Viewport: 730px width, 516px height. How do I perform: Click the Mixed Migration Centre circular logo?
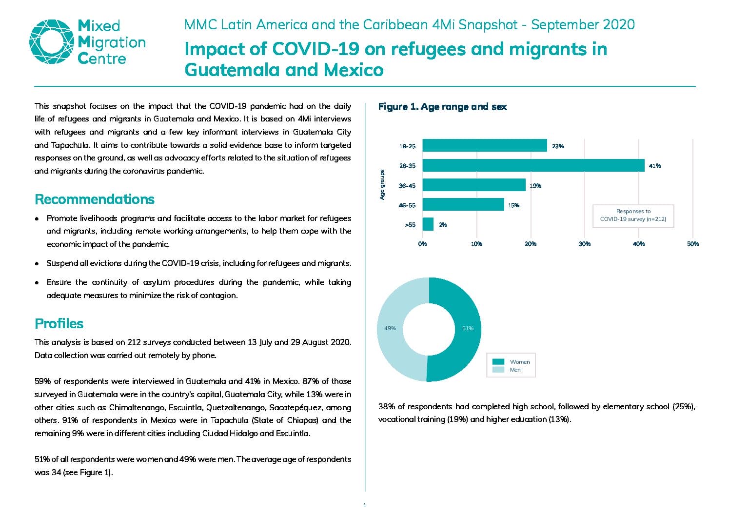coord(52,42)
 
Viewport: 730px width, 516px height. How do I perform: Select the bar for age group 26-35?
coord(533,165)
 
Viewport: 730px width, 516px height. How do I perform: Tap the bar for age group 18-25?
coord(485,145)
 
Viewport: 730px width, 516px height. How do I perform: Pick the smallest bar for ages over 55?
coord(428,224)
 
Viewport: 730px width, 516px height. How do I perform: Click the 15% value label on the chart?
coord(513,205)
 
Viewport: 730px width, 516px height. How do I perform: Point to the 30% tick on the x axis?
coord(585,244)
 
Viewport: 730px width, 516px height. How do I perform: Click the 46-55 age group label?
coord(407,205)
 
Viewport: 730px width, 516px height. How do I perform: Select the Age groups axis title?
coord(382,185)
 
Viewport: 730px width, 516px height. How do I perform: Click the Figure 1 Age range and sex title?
coord(442,107)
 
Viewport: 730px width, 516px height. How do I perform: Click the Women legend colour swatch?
coord(498,361)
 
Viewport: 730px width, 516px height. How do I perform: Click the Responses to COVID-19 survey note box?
coord(633,216)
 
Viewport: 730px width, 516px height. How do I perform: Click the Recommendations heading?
coord(95,199)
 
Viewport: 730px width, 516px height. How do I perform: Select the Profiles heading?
coord(59,324)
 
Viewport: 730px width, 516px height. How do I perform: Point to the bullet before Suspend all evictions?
coord(37,264)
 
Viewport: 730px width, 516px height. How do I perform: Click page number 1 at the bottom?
coord(365,506)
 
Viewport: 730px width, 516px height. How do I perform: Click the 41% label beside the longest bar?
coord(655,166)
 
